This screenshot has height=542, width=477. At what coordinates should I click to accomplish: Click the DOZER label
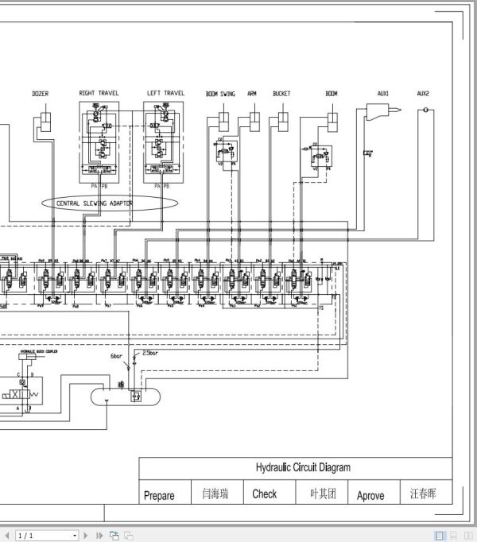(x=40, y=94)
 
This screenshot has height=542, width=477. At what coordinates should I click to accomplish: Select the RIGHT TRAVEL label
(x=99, y=93)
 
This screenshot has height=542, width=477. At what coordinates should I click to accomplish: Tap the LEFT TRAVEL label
(x=165, y=93)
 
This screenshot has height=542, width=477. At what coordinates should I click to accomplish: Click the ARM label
(x=252, y=93)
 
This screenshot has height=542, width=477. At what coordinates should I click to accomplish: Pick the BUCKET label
(x=281, y=93)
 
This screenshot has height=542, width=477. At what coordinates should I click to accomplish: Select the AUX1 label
(x=383, y=93)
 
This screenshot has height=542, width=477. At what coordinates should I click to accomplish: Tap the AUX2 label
(x=423, y=93)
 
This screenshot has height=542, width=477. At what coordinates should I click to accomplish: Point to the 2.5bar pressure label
(x=150, y=351)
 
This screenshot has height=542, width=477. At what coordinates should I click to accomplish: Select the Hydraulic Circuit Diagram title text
(x=302, y=467)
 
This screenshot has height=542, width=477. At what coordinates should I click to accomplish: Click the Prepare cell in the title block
(x=159, y=495)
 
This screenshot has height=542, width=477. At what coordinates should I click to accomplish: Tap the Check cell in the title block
(x=265, y=494)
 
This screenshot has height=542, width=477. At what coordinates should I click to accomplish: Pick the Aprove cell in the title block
(x=370, y=495)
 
